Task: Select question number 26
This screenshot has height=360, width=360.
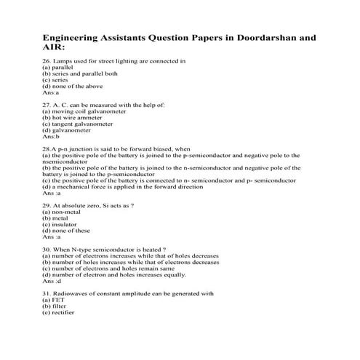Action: (47, 61)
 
